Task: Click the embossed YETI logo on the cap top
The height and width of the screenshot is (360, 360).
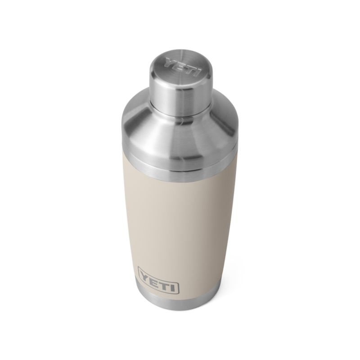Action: [180, 66]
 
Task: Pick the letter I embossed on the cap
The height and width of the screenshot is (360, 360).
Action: [190, 70]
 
